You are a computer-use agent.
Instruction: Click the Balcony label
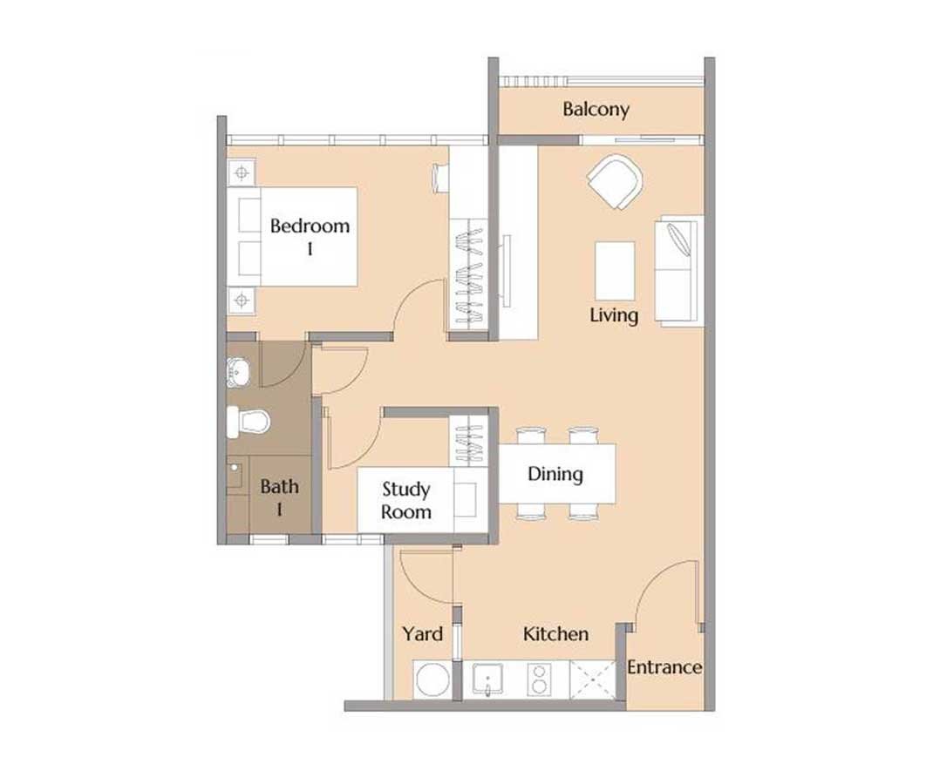click(x=596, y=110)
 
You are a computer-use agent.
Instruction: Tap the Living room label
click(x=614, y=315)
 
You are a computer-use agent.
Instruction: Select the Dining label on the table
click(x=555, y=475)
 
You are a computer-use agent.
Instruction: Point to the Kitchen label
click(x=555, y=634)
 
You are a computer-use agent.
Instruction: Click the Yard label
click(x=423, y=634)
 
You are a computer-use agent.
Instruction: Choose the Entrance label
click(x=664, y=667)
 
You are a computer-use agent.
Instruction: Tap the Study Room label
click(x=406, y=501)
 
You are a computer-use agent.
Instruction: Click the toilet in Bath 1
click(x=249, y=422)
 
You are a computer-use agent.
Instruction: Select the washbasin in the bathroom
click(x=238, y=372)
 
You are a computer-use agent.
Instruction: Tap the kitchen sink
click(x=487, y=679)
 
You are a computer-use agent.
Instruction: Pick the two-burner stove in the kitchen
click(x=539, y=679)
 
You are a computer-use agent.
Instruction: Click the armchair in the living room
click(x=616, y=181)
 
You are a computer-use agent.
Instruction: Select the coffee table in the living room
click(x=616, y=270)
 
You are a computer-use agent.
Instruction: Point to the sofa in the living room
click(x=679, y=270)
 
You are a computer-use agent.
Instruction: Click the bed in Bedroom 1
click(x=292, y=237)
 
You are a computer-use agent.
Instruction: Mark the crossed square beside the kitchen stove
click(x=593, y=679)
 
